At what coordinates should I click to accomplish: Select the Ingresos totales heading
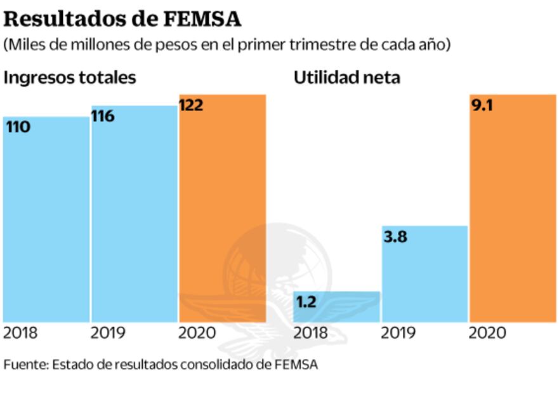pos(70,78)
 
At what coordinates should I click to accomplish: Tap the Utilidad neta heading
pos(346,78)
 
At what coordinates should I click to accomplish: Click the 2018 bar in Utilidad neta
pos(336,306)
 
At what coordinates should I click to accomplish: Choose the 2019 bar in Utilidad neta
pos(424,273)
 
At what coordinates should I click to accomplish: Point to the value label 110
pos(18,127)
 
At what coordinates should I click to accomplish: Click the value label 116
pos(103,116)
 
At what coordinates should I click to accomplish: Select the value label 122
pos(192,105)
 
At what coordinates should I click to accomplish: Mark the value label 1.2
pos(306,302)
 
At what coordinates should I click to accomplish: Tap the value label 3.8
pos(395,238)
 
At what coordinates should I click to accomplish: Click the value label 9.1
pos(482,105)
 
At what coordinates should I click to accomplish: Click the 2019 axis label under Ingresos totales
pos(108,333)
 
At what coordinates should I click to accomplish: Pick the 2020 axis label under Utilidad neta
pos(487,333)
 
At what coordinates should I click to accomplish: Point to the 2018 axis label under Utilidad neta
pos(311,333)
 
